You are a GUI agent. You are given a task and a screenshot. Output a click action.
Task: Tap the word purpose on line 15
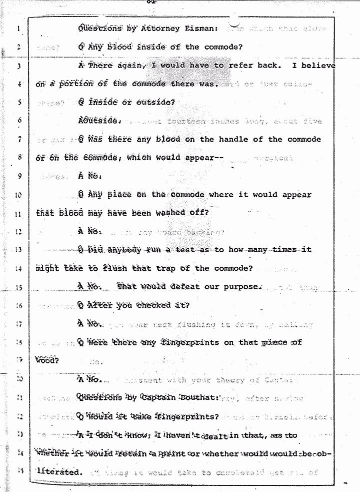tap(242, 287)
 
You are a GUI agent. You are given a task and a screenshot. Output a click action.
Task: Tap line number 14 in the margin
tap(17, 268)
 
